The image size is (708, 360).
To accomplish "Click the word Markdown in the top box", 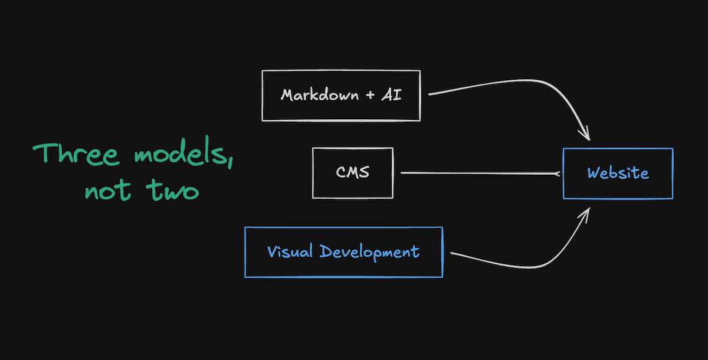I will pos(319,95).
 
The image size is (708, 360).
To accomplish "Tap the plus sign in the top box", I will pos(370,95).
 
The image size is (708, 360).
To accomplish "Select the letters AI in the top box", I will pos(392,95).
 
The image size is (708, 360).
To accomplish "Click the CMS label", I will pos(353,172).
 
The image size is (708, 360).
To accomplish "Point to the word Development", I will pos(369,253).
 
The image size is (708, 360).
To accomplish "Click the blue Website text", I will pos(618,174).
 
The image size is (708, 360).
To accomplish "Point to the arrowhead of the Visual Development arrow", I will pos(586,212).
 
